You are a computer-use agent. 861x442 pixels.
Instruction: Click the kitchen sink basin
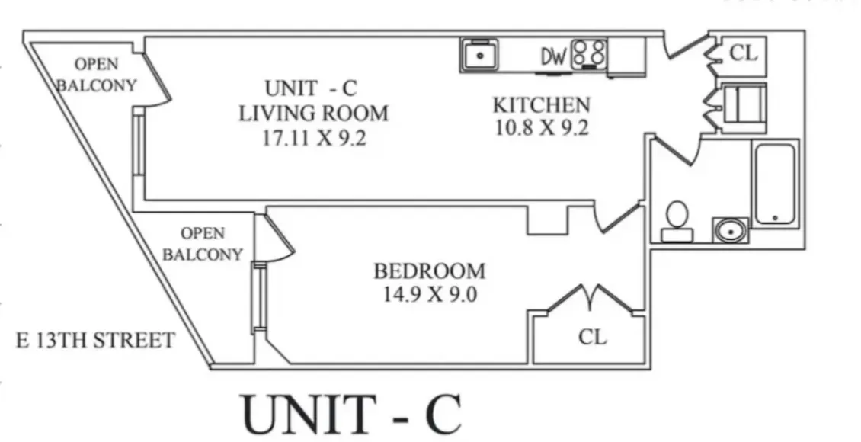pos(479,55)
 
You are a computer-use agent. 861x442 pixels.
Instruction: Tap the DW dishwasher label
pos(554,56)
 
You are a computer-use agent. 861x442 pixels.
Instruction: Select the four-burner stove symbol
pos(589,54)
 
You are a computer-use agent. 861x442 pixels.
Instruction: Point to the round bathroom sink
pos(731,229)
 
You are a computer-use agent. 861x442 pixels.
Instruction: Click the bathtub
pos(775,184)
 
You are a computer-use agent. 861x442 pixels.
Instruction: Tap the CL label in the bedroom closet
pos(592,336)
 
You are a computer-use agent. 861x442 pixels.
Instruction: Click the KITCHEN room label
pos(541,104)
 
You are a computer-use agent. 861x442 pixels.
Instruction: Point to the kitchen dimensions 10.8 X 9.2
pos(541,127)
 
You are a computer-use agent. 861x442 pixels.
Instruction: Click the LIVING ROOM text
pos(313,113)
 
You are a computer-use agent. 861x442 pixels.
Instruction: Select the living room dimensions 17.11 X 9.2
pos(313,137)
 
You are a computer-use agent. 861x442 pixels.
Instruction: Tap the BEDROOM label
pos(429,271)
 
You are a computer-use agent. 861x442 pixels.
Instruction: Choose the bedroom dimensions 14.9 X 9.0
pos(429,294)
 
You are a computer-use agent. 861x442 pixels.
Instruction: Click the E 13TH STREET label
pos(95,340)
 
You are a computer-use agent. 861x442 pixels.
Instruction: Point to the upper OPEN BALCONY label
pos(96,73)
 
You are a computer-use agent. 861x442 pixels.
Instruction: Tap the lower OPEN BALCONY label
pos(202,244)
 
